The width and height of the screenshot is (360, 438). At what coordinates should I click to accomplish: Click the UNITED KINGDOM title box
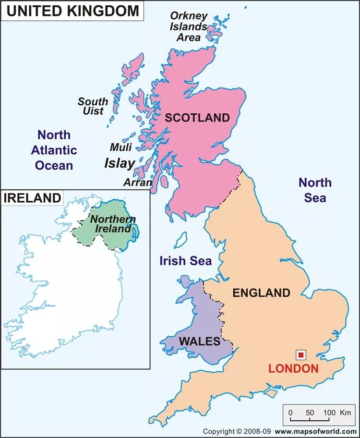click(x=72, y=11)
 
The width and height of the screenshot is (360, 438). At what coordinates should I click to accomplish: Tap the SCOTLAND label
click(x=197, y=118)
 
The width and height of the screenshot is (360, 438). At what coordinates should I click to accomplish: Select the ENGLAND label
click(x=261, y=293)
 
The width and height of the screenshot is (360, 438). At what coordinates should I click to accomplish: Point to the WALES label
click(x=199, y=341)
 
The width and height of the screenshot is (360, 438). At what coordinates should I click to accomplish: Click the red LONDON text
click(x=293, y=369)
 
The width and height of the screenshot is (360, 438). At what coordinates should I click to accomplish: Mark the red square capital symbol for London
click(x=301, y=355)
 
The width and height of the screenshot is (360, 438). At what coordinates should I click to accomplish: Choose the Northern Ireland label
click(x=113, y=224)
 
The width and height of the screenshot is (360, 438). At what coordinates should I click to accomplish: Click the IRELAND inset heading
click(x=33, y=197)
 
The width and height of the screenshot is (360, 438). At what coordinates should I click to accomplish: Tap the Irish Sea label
click(x=185, y=261)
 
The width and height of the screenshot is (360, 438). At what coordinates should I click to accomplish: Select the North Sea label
click(x=315, y=190)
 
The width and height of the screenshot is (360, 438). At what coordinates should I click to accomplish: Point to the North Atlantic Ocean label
click(x=54, y=150)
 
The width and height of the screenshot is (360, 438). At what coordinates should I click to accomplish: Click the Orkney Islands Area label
click(x=188, y=26)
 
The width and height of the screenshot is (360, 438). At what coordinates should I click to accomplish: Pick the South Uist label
click(x=93, y=106)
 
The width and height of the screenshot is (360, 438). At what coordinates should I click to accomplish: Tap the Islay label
click(x=120, y=163)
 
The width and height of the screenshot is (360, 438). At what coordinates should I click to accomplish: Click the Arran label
click(x=137, y=182)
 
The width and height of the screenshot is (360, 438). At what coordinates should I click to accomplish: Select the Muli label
click(x=120, y=147)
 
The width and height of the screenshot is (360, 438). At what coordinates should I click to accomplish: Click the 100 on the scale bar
click(x=329, y=413)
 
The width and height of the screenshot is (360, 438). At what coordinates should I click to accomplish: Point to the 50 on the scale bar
click(x=310, y=413)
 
